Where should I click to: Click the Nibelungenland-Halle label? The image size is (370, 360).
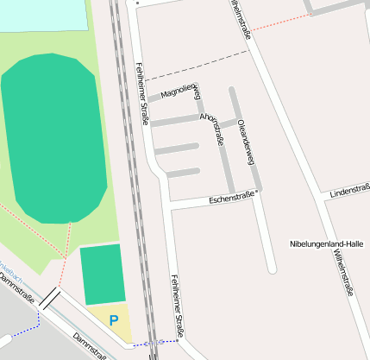tap(327, 244)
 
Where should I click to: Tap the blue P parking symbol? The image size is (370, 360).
tap(113, 320)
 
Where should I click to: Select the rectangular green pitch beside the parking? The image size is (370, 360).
tap(103, 274)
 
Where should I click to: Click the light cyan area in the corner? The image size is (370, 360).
tap(43, 13)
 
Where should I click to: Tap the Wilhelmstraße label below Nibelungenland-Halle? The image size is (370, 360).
tap(344, 274)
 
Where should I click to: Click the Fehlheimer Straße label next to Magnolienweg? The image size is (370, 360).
tap(142, 93)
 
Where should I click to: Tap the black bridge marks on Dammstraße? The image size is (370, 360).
tap(49, 299)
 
